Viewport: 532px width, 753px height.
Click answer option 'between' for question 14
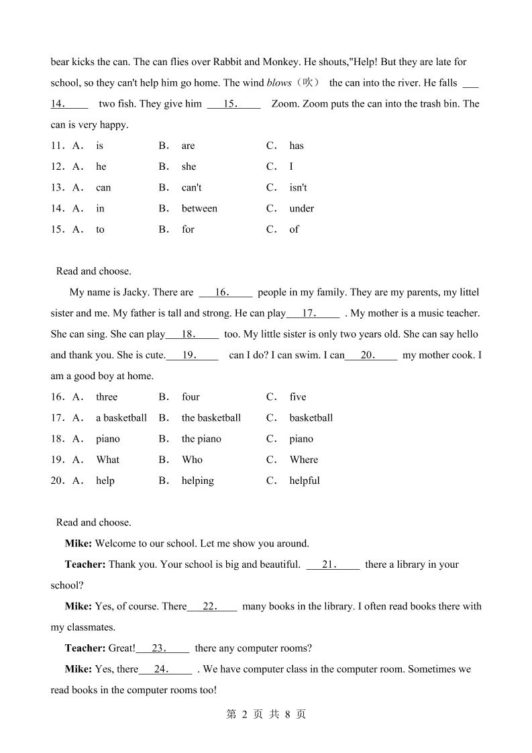199,209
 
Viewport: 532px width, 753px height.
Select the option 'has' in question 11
297,146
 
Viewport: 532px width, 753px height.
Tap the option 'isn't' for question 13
298,188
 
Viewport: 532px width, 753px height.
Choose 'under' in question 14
302,209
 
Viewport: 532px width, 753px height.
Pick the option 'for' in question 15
188,230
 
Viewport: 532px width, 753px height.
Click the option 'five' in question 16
298,397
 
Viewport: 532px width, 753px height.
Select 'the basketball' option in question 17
211,418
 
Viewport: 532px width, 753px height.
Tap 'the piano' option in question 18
201,439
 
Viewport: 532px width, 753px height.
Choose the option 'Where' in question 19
304,460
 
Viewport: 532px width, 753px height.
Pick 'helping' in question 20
198,481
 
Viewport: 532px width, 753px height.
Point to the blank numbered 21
333,565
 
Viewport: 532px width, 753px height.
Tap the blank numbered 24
165,669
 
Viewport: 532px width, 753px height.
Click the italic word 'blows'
279,83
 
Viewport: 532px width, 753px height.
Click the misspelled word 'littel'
466,293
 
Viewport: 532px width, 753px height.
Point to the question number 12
57,166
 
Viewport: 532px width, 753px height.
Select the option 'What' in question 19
107,460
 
